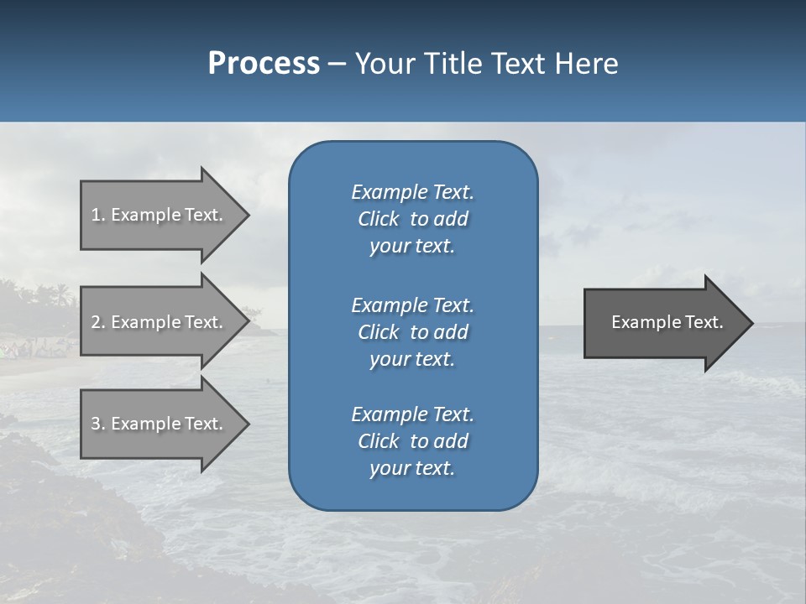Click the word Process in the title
tap(264, 64)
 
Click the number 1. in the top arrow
tap(97, 215)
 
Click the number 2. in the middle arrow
tap(97, 322)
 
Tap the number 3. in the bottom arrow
tap(97, 424)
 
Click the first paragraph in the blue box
tap(412, 219)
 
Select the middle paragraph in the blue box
tap(412, 332)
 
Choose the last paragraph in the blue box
tap(412, 441)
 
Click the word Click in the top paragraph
tap(379, 219)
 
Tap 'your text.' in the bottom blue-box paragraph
tap(412, 468)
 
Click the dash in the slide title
tap(337, 65)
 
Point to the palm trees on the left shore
tap(42, 296)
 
